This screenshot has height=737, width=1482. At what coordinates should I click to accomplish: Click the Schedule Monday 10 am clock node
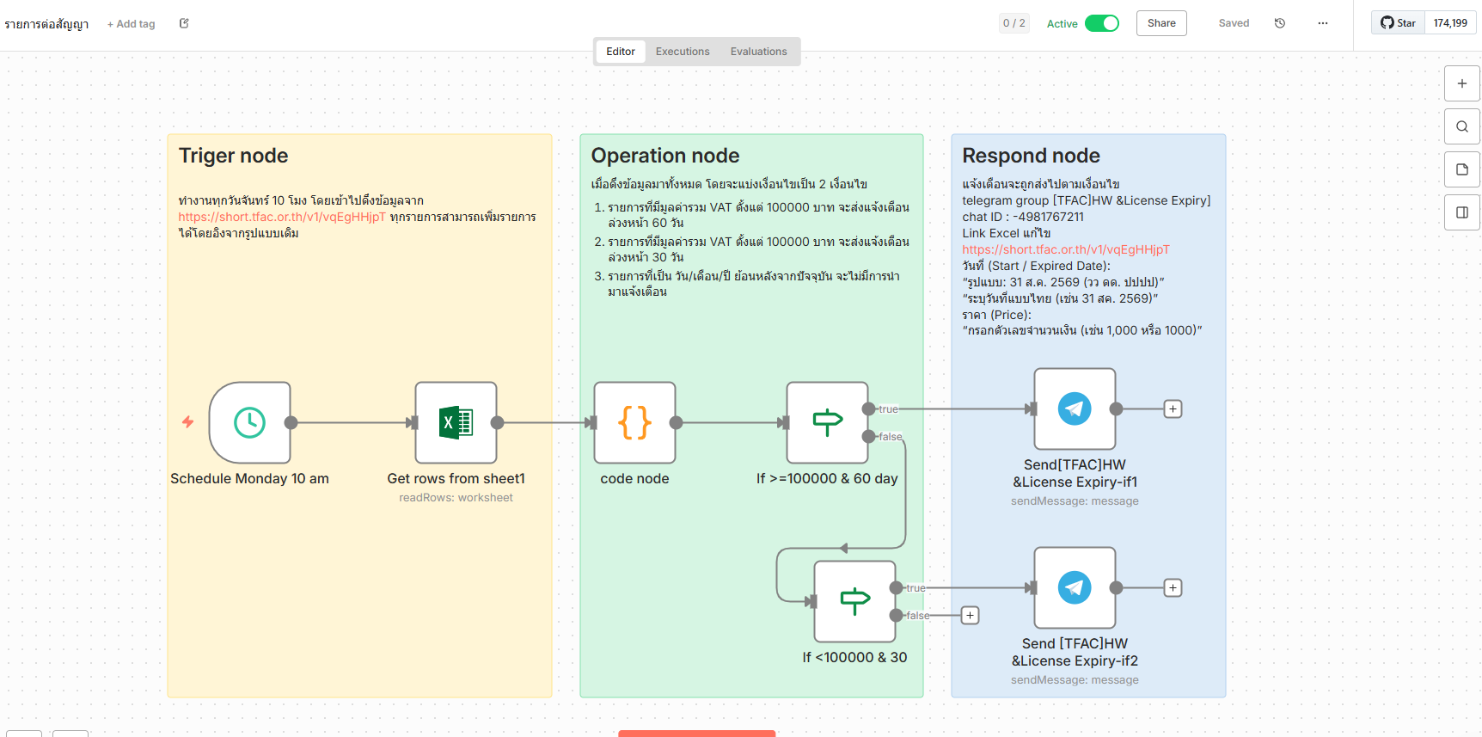pos(249,422)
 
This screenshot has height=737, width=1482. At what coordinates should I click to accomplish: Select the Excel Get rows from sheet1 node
pos(456,422)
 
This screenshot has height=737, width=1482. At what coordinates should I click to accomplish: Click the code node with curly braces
pos(634,422)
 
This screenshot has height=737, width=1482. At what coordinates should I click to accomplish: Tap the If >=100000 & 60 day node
pos(827,422)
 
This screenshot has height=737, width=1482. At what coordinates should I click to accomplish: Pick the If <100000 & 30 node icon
pos(854,601)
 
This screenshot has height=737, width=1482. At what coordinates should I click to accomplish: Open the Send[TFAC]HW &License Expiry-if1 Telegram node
pos(1075,408)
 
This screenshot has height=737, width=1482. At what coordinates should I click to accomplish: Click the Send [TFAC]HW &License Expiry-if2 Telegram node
pos(1075,587)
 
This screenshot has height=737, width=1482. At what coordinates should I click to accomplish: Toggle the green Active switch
pos(1101,23)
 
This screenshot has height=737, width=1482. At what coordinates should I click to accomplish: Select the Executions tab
pos(683,52)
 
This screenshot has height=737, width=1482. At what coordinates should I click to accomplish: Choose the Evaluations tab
pos(758,52)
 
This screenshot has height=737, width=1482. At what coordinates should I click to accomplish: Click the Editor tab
pos(621,52)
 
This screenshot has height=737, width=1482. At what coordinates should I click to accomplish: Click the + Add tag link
pos(131,24)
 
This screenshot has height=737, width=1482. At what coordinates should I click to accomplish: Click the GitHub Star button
pos(1399,23)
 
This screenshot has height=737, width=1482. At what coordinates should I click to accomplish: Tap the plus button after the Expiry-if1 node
pos(1173,409)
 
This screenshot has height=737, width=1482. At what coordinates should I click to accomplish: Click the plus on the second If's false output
pos(970,616)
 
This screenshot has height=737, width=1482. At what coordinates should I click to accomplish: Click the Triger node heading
pos(233,156)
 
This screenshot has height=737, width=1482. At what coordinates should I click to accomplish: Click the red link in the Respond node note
pos(1065,249)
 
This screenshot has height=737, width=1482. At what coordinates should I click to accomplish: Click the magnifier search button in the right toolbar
pos(1461,126)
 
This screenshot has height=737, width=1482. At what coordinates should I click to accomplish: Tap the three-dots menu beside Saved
pos(1322,23)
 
